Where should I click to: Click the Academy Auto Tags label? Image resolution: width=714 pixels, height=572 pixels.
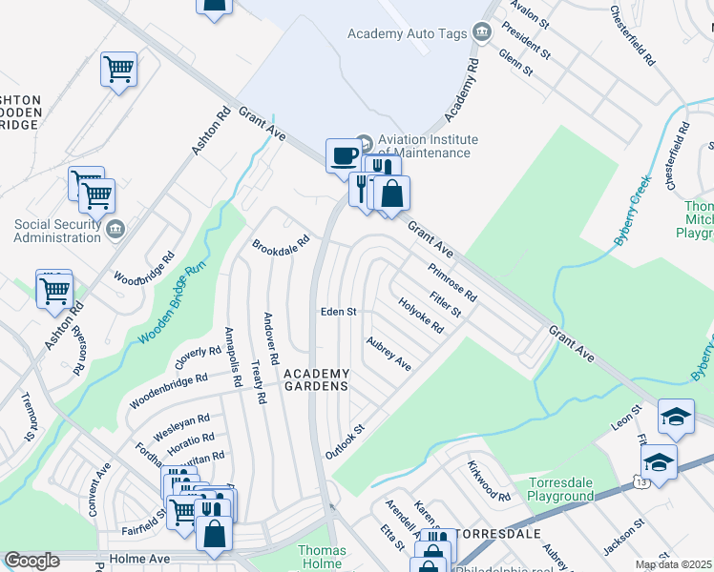pos(407,33)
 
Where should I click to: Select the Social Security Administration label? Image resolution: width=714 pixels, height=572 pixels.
pos(57,231)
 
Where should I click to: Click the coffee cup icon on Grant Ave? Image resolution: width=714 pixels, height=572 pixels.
pos(344,155)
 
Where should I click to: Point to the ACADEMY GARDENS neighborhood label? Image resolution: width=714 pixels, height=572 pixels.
pos(317,379)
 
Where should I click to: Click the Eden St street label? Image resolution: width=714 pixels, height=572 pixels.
pos(338,312)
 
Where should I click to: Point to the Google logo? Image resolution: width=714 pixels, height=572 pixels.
pos(31,561)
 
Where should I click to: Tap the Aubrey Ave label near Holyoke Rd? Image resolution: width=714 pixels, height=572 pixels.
pos(388,353)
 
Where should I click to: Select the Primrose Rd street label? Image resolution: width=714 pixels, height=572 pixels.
pos(452,282)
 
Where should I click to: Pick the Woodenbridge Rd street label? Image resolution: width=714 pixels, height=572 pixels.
pos(169,391)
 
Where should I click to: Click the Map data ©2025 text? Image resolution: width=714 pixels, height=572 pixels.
pos(674,564)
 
